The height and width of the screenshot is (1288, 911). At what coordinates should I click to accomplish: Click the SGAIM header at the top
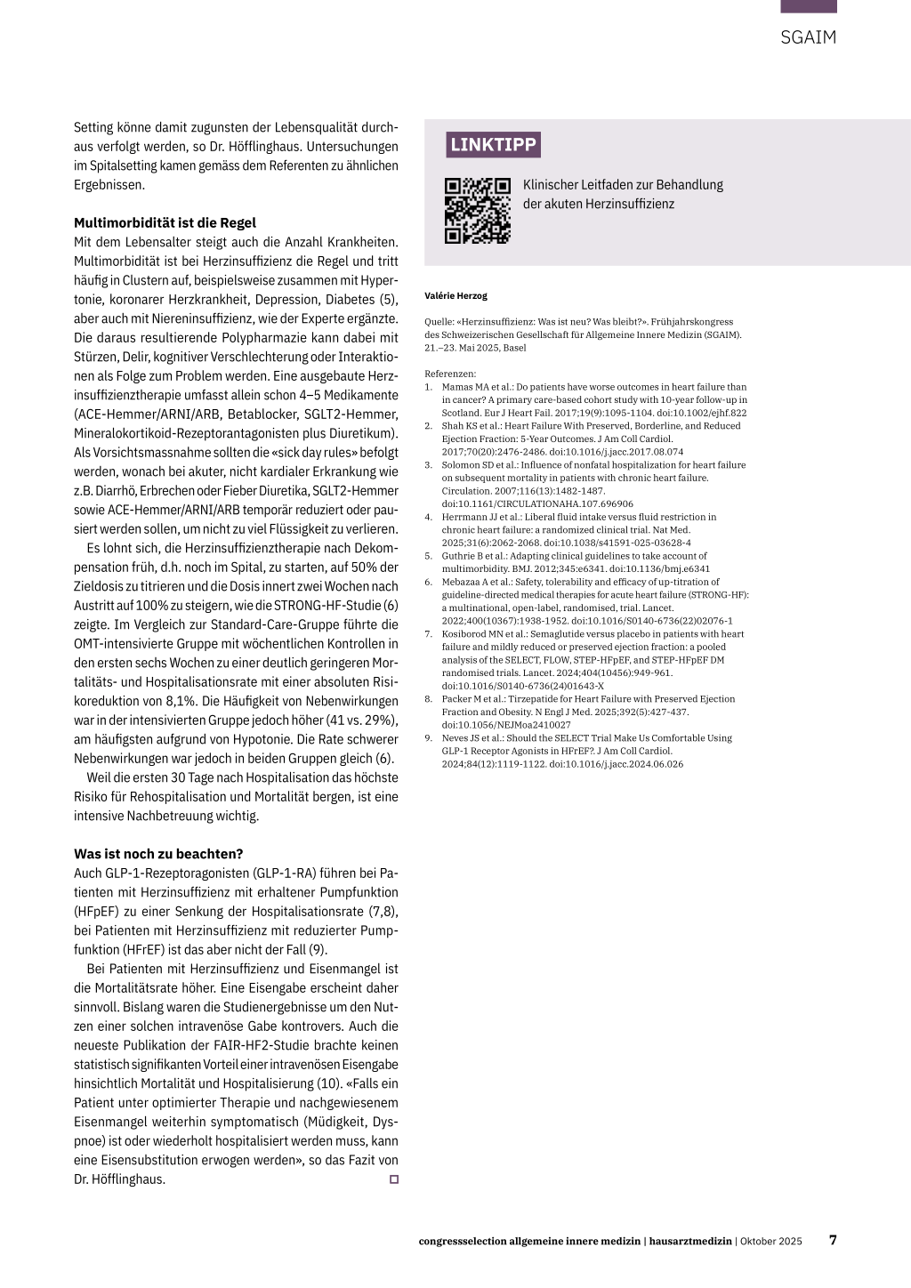tap(808, 37)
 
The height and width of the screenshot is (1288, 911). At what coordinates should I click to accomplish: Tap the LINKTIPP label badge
tap(493, 145)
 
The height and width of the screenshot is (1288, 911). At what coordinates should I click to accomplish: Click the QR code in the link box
tap(478, 211)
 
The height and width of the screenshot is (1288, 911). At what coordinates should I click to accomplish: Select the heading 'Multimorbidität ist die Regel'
tap(165, 222)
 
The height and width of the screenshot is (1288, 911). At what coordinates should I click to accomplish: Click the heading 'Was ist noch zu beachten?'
tap(158, 854)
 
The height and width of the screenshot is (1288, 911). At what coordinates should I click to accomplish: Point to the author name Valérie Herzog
tap(456, 296)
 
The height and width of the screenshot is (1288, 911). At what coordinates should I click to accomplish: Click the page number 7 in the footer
tap(833, 1240)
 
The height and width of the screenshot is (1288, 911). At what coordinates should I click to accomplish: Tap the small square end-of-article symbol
tap(394, 1179)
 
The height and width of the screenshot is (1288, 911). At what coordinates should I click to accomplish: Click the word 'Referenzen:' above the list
tap(450, 374)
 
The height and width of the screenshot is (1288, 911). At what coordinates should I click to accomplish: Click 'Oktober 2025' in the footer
tap(771, 1241)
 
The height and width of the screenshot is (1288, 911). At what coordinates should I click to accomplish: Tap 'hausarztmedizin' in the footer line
tap(690, 1241)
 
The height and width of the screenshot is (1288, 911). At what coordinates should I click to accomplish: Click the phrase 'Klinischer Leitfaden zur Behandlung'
tap(623, 185)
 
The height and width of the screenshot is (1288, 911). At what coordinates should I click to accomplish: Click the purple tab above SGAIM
tap(808, 6)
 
